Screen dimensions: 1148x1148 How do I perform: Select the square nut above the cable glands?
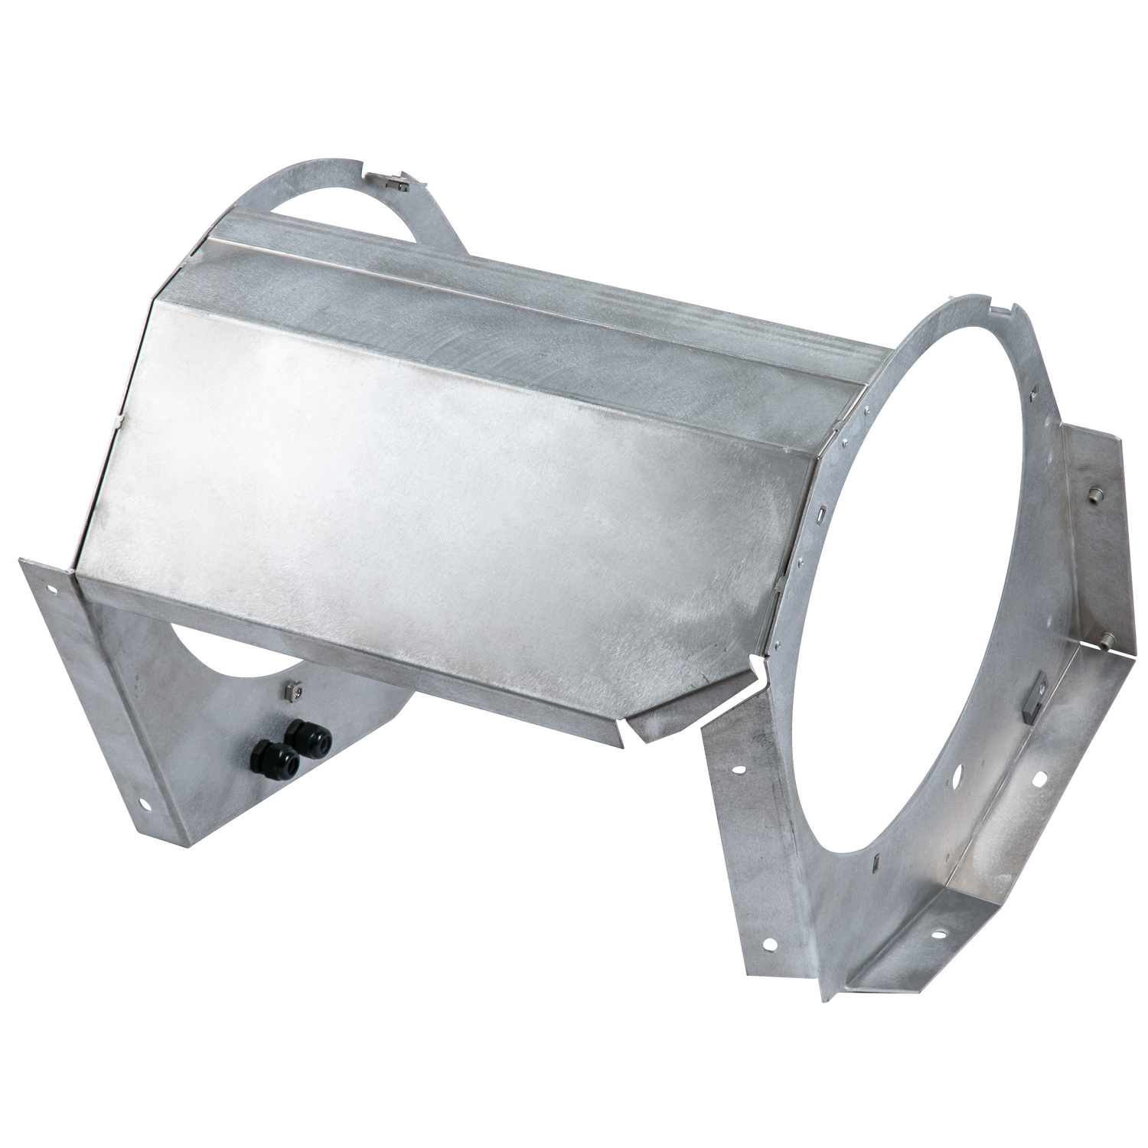coord(292,691)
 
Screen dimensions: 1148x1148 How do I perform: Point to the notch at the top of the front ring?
coord(1003,309)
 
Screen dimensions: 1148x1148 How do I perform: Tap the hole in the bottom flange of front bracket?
coord(934,934)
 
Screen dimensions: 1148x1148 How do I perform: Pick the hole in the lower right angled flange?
coord(1042,778)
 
